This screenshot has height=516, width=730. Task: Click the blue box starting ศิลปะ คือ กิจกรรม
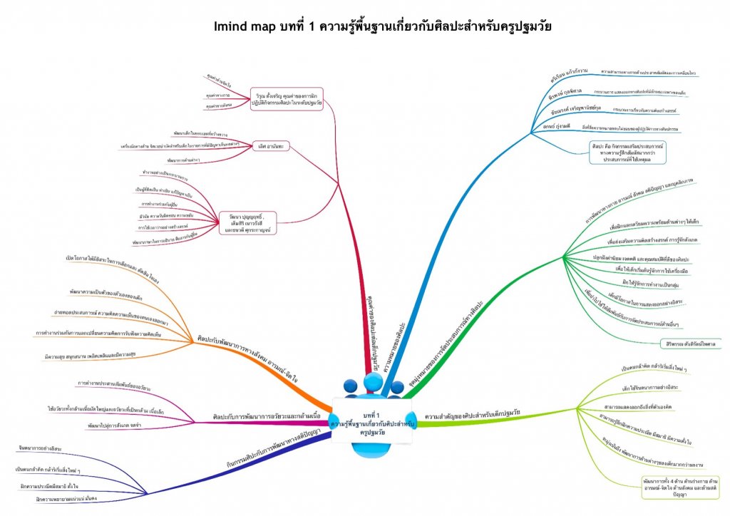tap(617, 153)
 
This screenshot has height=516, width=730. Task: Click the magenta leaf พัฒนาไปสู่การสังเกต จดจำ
tap(114, 425)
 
